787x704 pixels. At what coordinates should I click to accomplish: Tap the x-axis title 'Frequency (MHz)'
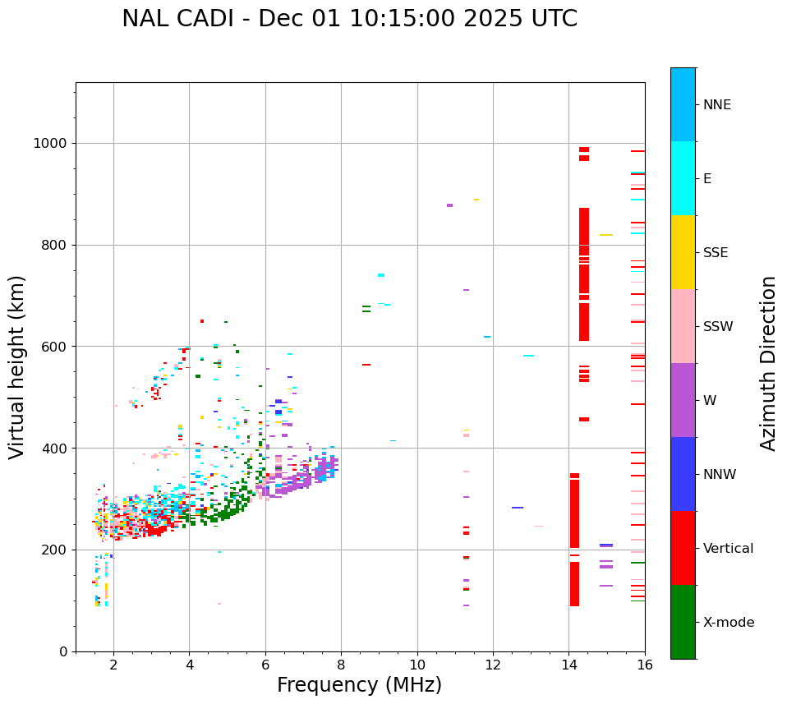(359, 685)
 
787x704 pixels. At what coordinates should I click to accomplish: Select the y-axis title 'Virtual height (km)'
(17, 366)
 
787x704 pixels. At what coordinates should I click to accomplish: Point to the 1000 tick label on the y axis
(52, 143)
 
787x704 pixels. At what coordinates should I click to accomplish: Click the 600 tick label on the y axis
(55, 347)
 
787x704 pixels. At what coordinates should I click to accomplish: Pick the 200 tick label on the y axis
(55, 550)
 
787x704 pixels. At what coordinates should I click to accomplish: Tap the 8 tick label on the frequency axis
(341, 665)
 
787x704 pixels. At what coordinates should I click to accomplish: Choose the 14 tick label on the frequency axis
(568, 665)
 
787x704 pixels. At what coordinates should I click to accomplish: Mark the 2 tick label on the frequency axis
(113, 665)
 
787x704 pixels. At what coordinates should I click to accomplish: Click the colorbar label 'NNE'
(716, 105)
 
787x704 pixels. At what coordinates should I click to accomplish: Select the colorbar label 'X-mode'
(728, 623)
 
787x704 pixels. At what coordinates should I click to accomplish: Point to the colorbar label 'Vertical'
(728, 549)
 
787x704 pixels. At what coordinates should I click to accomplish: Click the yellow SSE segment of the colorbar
(683, 252)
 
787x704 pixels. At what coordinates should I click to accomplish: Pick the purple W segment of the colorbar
(683, 400)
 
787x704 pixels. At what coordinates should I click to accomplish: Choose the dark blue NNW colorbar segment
(683, 474)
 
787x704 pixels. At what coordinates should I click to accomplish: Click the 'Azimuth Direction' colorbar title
(768, 363)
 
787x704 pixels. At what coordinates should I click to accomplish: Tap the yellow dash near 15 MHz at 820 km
(606, 235)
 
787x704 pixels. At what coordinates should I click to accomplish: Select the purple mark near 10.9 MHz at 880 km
(449, 205)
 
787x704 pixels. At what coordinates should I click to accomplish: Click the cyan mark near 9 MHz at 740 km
(381, 275)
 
